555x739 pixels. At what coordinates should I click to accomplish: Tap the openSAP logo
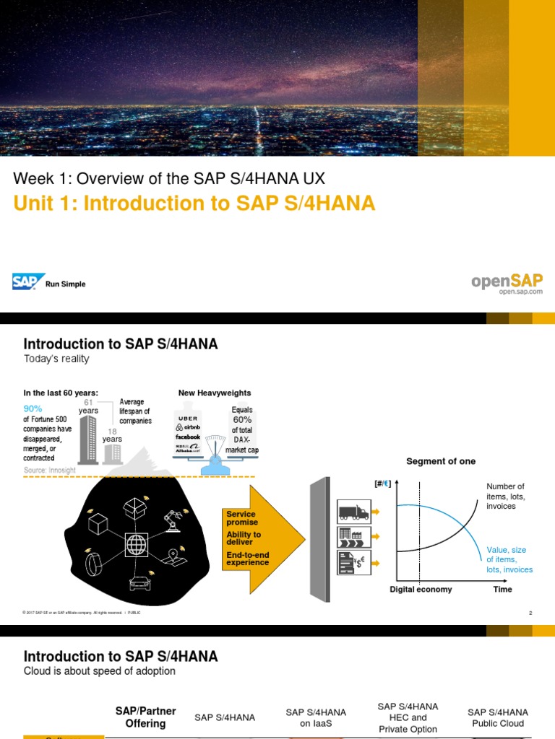507,281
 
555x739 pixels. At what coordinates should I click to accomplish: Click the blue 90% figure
33,408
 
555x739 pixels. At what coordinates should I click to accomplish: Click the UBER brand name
186,418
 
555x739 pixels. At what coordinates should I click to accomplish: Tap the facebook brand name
187,437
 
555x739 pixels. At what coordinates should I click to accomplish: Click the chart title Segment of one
441,461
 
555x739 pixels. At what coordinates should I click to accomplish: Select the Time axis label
502,589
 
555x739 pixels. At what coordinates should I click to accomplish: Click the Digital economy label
421,589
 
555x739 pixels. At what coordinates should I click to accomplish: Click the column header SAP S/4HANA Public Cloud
497,717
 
